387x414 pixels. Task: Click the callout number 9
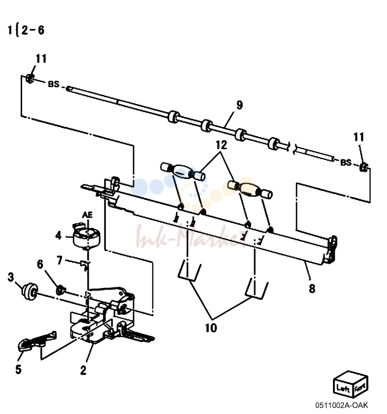pos(240,105)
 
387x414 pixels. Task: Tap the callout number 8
pos(312,289)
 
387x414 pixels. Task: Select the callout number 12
pos(221,145)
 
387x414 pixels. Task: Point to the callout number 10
pos(211,328)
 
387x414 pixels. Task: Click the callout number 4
pos(58,235)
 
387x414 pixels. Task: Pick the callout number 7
pos(60,260)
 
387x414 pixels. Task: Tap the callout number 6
pos(40,264)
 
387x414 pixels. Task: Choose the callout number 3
pos(11,277)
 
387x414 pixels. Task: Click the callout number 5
pos(18,369)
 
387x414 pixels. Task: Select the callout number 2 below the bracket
pos(83,370)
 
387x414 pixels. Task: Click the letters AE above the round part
pos(88,215)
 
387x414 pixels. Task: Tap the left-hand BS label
pos(53,84)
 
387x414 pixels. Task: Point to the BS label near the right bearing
pos(346,162)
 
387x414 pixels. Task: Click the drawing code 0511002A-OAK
pos(341,405)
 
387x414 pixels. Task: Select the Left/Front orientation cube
pos(351,384)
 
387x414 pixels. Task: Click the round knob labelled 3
pos(30,292)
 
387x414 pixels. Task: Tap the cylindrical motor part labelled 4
pos(86,237)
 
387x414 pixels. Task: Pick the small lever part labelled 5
pos(37,342)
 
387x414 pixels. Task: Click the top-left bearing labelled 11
pos(30,79)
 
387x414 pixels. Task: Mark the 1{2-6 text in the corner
pos(26,30)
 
